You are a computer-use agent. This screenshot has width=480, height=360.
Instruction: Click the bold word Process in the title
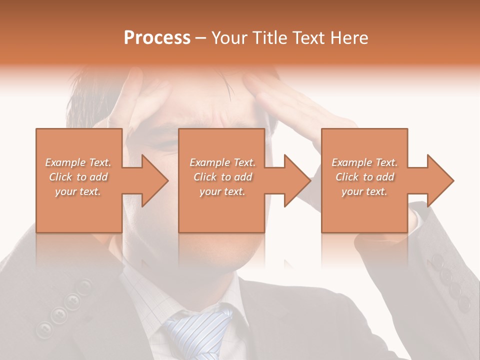coord(157,38)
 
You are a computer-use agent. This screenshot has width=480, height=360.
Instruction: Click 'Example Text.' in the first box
coord(78,162)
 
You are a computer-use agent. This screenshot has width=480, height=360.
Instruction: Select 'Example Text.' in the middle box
coord(222,162)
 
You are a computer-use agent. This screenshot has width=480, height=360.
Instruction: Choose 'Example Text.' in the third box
coord(364,162)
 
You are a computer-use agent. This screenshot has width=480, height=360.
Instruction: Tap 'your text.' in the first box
coord(78,191)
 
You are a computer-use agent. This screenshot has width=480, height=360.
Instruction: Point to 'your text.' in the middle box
coord(222,191)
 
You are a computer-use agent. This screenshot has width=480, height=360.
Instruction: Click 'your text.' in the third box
coord(364,191)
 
